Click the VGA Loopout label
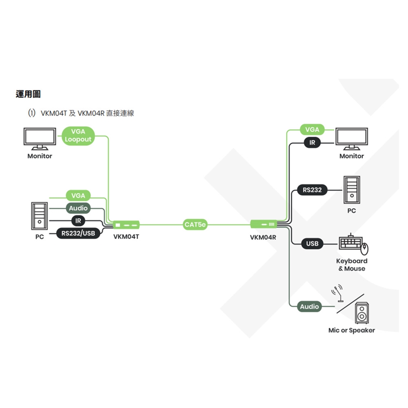click(78, 136)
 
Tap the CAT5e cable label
click(195, 224)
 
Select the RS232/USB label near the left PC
click(78, 233)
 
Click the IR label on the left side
click(78, 221)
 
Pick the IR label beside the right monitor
click(312, 143)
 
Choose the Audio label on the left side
click(78, 208)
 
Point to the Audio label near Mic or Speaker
click(309, 306)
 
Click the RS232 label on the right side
click(312, 190)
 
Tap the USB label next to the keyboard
click(312, 244)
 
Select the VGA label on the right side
click(312, 130)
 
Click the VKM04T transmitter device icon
click(126, 224)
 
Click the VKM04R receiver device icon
click(263, 224)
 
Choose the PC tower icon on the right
click(351, 190)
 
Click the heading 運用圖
click(28, 94)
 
